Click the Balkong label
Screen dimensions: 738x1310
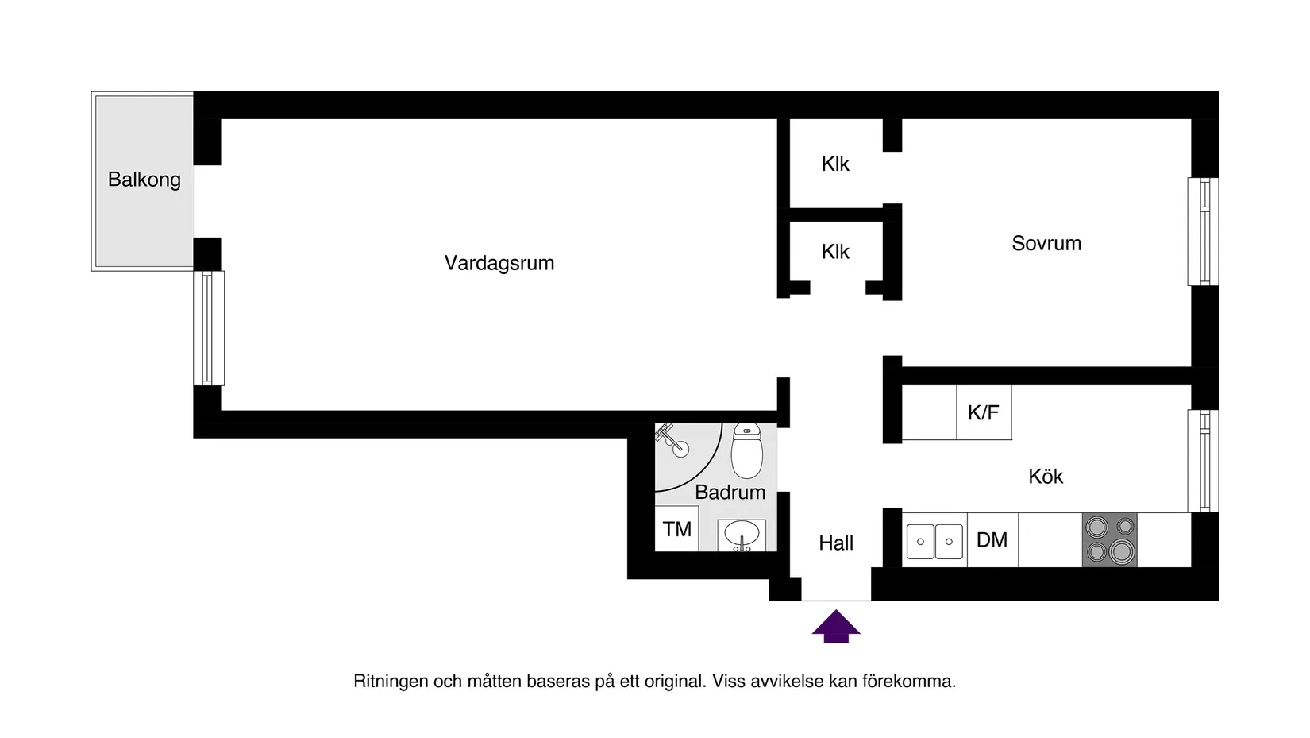click(x=144, y=180)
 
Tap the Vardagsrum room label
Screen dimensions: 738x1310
click(x=499, y=263)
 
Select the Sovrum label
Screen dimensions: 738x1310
click(x=1046, y=243)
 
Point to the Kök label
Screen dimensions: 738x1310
click(x=1045, y=476)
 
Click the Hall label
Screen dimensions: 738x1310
click(x=835, y=543)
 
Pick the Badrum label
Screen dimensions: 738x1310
click(x=730, y=492)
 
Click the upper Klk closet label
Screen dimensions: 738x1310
click(x=835, y=164)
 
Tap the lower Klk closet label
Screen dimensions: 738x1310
click(x=835, y=252)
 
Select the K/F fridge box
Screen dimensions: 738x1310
click(x=983, y=412)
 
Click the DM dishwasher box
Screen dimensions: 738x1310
click(x=992, y=540)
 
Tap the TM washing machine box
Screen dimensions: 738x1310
click(x=676, y=529)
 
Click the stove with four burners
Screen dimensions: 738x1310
click(x=1109, y=539)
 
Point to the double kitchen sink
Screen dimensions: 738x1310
click(x=934, y=541)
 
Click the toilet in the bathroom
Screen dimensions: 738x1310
click(x=746, y=450)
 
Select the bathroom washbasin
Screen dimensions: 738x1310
click(x=742, y=535)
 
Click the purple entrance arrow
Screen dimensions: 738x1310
click(x=835, y=626)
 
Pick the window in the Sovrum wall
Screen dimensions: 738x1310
click(x=1203, y=231)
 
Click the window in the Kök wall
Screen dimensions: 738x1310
click(x=1203, y=461)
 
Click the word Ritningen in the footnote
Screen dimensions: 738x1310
click(x=390, y=681)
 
